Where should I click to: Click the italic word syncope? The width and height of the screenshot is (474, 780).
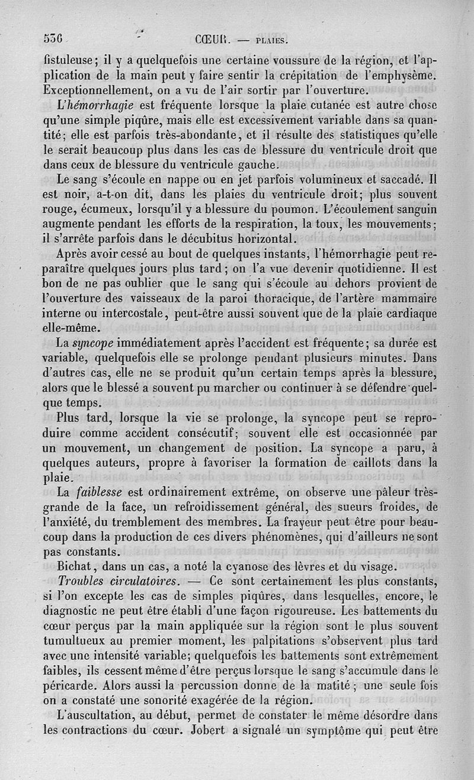point(94,343)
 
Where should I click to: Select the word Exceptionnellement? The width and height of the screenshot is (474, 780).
point(97,91)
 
